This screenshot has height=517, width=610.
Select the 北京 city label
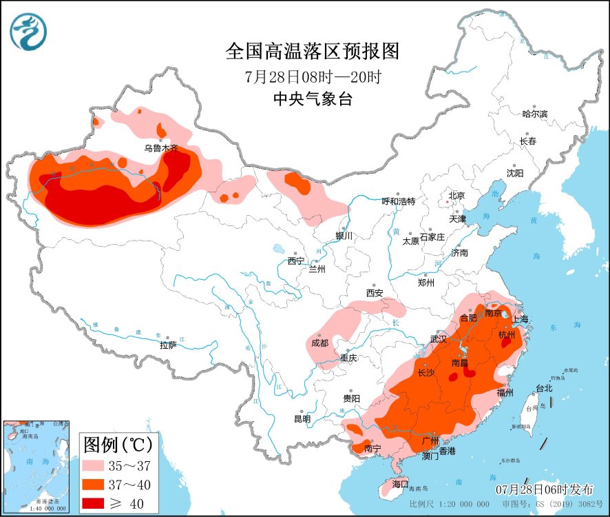tap(457, 196)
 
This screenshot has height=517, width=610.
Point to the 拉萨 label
tap(168, 345)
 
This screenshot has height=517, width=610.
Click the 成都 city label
tap(319, 343)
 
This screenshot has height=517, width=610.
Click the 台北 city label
tap(544, 388)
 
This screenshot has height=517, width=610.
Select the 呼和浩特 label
tap(399, 201)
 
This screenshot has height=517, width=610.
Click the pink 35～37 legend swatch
tap(99, 465)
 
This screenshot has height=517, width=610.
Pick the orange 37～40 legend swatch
tap(99, 485)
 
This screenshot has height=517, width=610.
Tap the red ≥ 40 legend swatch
tap(99, 504)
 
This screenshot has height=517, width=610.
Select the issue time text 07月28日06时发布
tap(544, 489)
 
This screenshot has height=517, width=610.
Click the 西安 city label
tap(375, 293)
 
